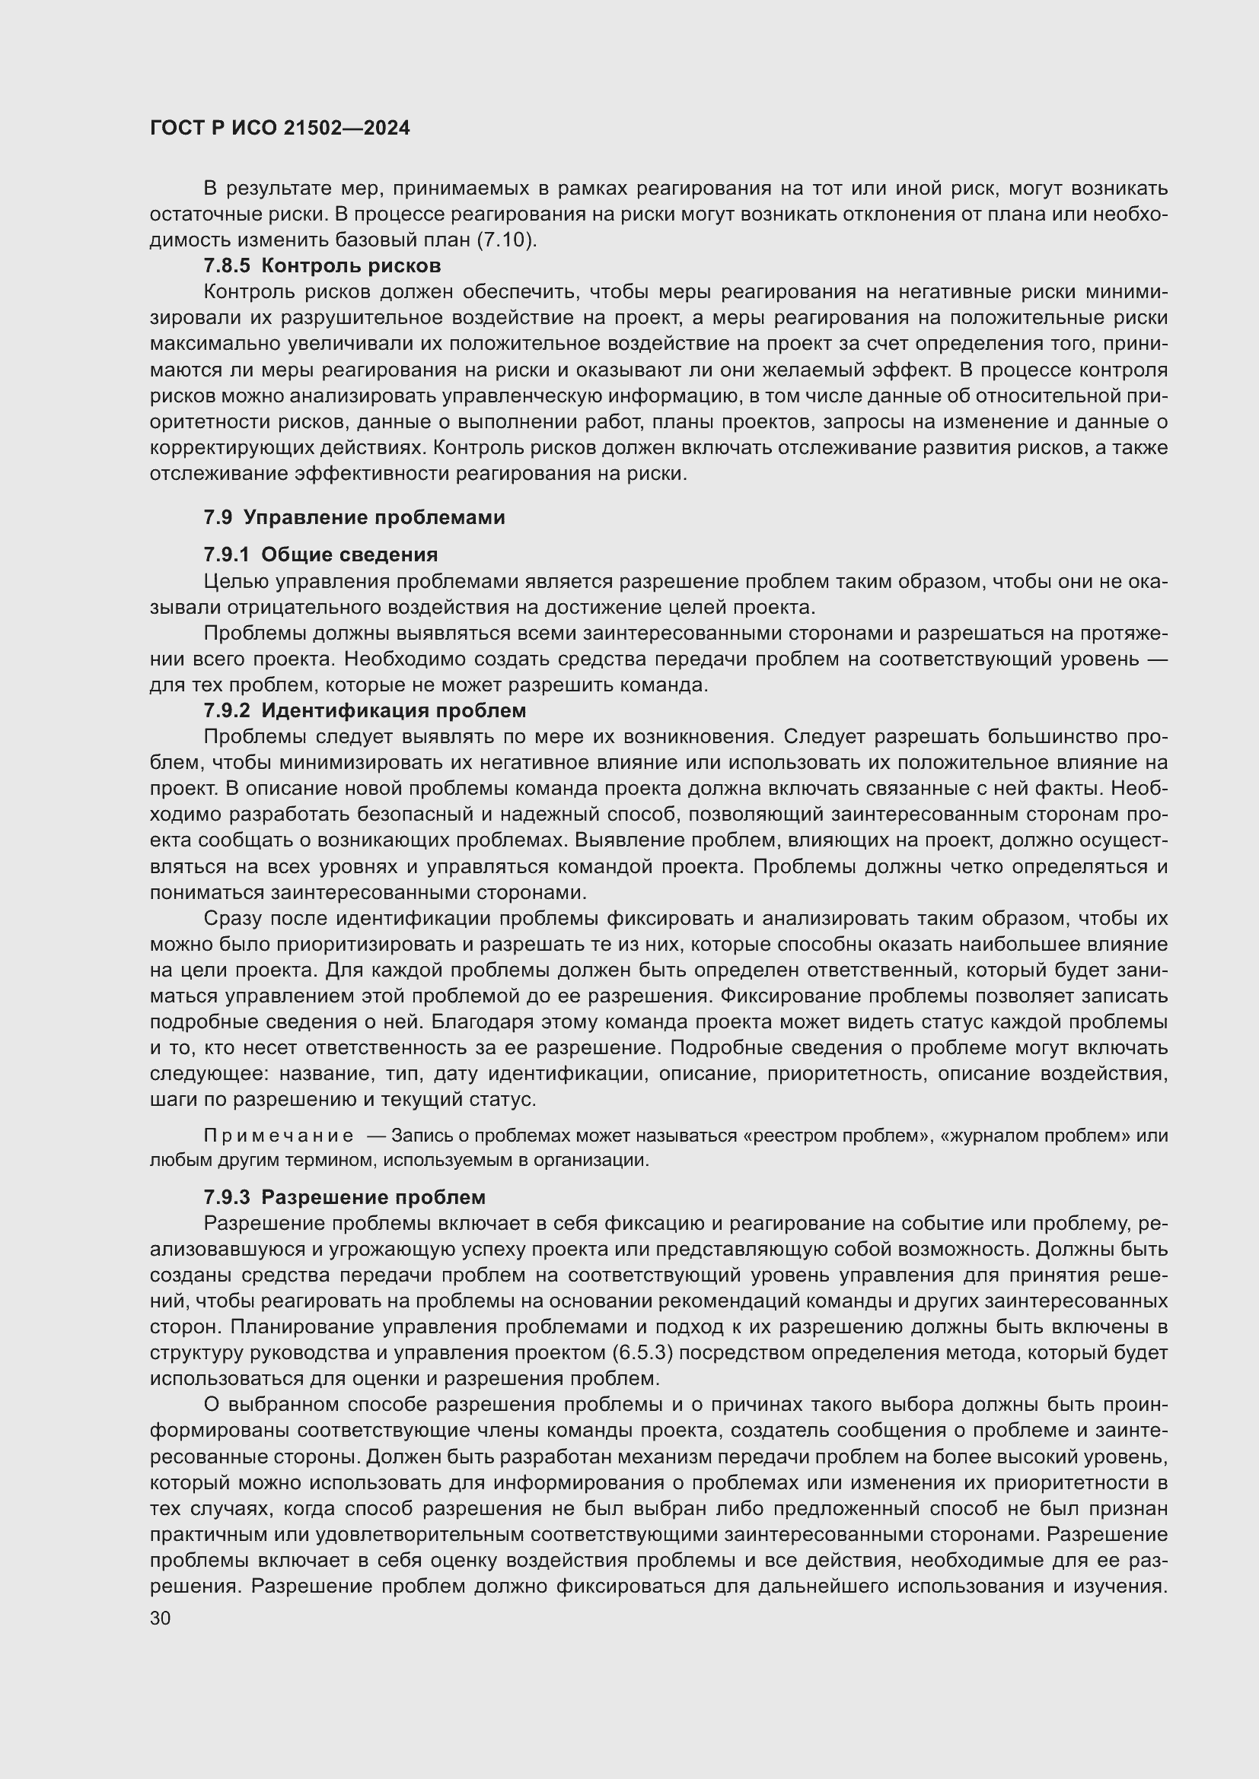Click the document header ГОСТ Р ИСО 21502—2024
[280, 129]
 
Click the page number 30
[161, 1618]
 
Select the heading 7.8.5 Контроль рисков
[322, 265]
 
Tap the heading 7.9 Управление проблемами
[354, 518]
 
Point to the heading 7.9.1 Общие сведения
[320, 554]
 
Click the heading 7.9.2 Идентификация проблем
[365, 710]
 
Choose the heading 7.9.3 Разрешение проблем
[344, 1197]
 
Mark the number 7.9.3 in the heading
[226, 1197]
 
